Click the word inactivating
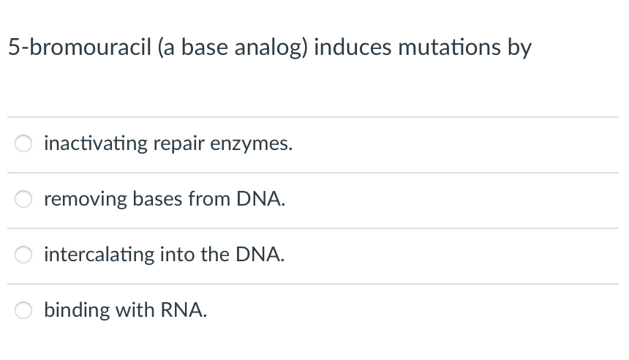click(96, 144)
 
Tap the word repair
click(179, 144)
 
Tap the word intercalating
click(99, 255)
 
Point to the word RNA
click(187, 310)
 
